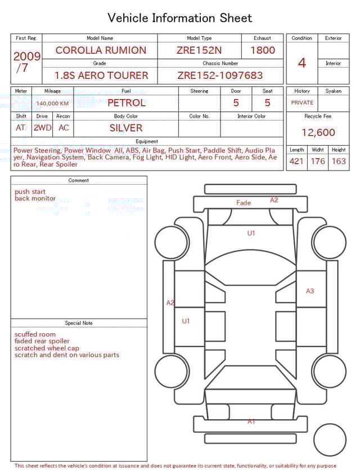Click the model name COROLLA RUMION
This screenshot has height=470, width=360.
[x=101, y=50]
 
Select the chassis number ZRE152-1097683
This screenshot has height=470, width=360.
[x=220, y=75]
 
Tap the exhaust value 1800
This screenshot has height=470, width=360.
[x=263, y=50]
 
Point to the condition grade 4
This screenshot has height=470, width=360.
[x=302, y=62]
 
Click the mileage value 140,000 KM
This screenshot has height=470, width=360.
[x=52, y=104]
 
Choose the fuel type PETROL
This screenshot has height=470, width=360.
[x=126, y=103]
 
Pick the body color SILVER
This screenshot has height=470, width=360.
[x=126, y=128]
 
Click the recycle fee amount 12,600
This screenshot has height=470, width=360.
[x=318, y=133]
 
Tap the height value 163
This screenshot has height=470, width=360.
[x=339, y=162]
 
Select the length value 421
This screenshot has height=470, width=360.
[x=296, y=162]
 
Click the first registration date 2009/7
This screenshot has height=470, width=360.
[x=26, y=62]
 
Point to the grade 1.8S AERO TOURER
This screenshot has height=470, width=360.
[x=101, y=75]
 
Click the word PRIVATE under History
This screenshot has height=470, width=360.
[x=302, y=103]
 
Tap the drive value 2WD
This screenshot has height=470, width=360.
[x=42, y=128]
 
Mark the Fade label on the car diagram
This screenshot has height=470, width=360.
[x=244, y=203]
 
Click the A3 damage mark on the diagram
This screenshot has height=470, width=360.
[x=310, y=291]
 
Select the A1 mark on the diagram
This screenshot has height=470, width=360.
[x=251, y=421]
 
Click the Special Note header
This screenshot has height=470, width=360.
[x=79, y=323]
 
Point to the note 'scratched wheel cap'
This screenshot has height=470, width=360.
[x=47, y=348]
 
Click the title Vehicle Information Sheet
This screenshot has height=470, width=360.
[x=180, y=18]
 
